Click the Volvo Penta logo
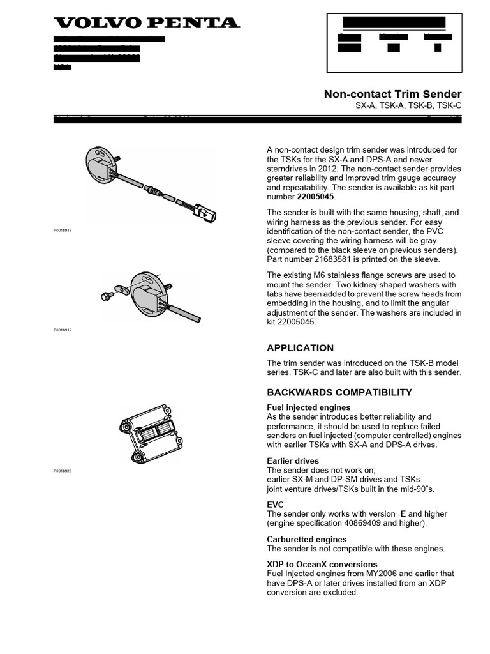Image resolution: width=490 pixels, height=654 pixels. (x=147, y=23)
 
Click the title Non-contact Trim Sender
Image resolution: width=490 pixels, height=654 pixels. (x=392, y=95)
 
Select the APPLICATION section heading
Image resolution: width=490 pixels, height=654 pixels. (x=300, y=348)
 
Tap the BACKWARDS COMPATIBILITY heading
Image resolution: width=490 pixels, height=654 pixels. (x=339, y=392)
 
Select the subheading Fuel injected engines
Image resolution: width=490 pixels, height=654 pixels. (x=308, y=407)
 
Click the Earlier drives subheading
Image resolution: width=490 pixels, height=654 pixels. (x=292, y=460)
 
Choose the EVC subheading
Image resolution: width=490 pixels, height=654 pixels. (x=275, y=505)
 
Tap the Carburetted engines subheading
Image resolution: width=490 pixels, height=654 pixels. (x=306, y=539)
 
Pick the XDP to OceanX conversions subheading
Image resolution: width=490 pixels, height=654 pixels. (x=322, y=564)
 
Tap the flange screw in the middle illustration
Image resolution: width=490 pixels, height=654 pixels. (x=107, y=296)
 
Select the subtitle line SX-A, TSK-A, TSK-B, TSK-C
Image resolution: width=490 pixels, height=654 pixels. (x=408, y=107)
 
